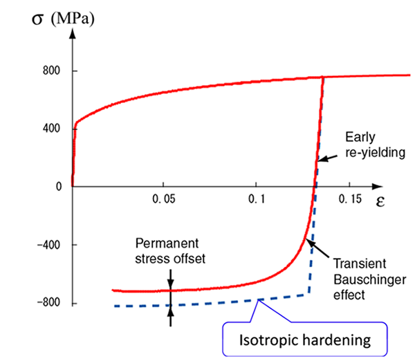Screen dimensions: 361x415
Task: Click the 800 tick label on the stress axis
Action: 50,71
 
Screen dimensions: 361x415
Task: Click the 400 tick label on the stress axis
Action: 50,129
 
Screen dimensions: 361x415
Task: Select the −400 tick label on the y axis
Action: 48,245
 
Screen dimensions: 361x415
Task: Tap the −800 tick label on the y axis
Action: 48,303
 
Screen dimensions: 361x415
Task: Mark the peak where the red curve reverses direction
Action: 322,77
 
